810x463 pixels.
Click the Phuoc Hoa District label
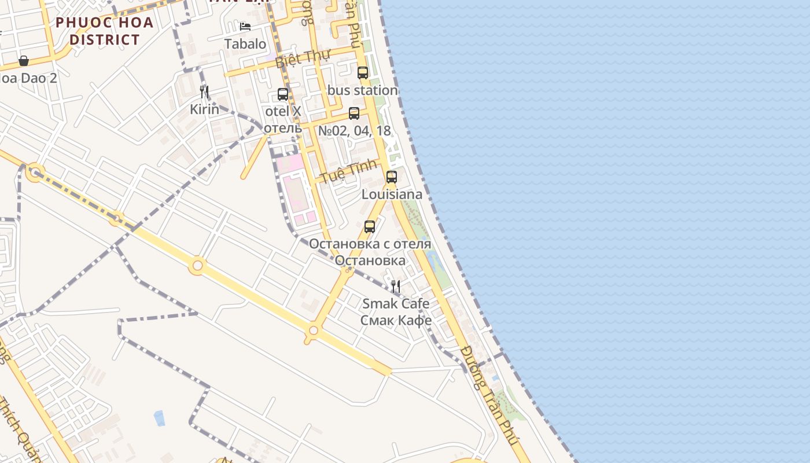point(104,31)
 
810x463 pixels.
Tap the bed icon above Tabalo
point(245,27)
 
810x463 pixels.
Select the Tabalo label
point(245,43)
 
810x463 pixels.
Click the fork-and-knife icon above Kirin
point(204,92)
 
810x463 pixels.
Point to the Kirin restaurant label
point(205,109)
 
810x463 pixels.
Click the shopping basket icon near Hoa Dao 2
point(24,61)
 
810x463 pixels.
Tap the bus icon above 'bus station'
point(363,73)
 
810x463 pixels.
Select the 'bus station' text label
point(363,90)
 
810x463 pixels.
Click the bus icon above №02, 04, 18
point(354,113)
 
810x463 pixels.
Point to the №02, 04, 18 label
point(355,131)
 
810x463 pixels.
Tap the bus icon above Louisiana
point(392,177)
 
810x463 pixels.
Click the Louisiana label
point(392,194)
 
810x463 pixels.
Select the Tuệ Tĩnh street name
point(349,171)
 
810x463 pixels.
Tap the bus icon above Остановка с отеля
point(370,227)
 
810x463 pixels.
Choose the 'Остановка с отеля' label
point(370,244)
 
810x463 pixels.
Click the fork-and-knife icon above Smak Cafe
point(396,286)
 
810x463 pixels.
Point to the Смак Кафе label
point(396,320)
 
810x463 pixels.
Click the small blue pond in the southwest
point(159,418)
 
